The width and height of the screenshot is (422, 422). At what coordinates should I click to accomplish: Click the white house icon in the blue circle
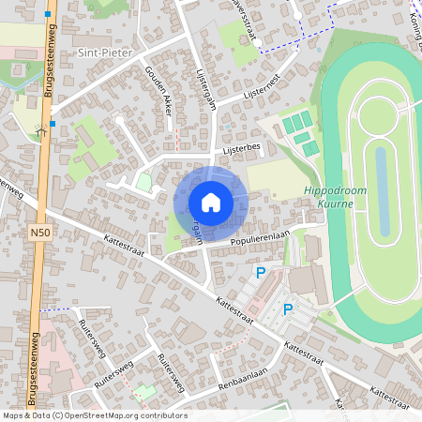[x=210, y=203]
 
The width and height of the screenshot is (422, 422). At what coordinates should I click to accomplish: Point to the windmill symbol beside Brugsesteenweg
[x=40, y=130]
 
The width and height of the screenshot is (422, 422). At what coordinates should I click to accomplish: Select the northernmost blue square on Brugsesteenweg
[x=47, y=13]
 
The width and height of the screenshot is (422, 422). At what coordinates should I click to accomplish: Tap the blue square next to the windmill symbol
[x=54, y=123]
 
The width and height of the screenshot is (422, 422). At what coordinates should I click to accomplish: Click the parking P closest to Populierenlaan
[x=261, y=273]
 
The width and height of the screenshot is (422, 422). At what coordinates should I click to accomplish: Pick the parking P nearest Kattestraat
[x=288, y=309]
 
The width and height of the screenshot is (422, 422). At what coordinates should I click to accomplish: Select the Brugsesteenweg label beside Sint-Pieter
[x=48, y=64]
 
